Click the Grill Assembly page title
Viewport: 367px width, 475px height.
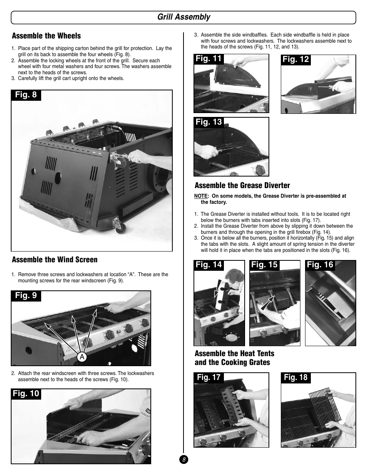pos(183,17)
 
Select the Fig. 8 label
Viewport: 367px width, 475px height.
pos(26,95)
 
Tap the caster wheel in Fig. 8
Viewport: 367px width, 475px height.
pos(120,226)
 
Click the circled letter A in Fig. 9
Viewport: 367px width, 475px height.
pos(82,357)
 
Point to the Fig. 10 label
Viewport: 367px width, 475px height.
pos(26,394)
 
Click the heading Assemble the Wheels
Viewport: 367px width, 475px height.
pos(46,36)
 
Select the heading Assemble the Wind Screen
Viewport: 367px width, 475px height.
pos(55,260)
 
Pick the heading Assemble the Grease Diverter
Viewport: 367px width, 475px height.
pos(242,185)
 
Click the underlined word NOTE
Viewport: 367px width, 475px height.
pos(201,196)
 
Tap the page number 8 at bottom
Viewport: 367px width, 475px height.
pos(184,460)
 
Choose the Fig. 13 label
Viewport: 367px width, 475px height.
pos(209,122)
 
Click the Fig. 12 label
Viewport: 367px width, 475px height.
pos(295,59)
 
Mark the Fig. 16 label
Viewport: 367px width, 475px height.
pos(320,265)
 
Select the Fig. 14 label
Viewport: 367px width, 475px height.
pos(209,265)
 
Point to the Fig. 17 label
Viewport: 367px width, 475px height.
pos(209,377)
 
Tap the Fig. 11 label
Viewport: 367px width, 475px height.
pos(209,58)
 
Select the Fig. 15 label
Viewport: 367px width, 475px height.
pos(264,265)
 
